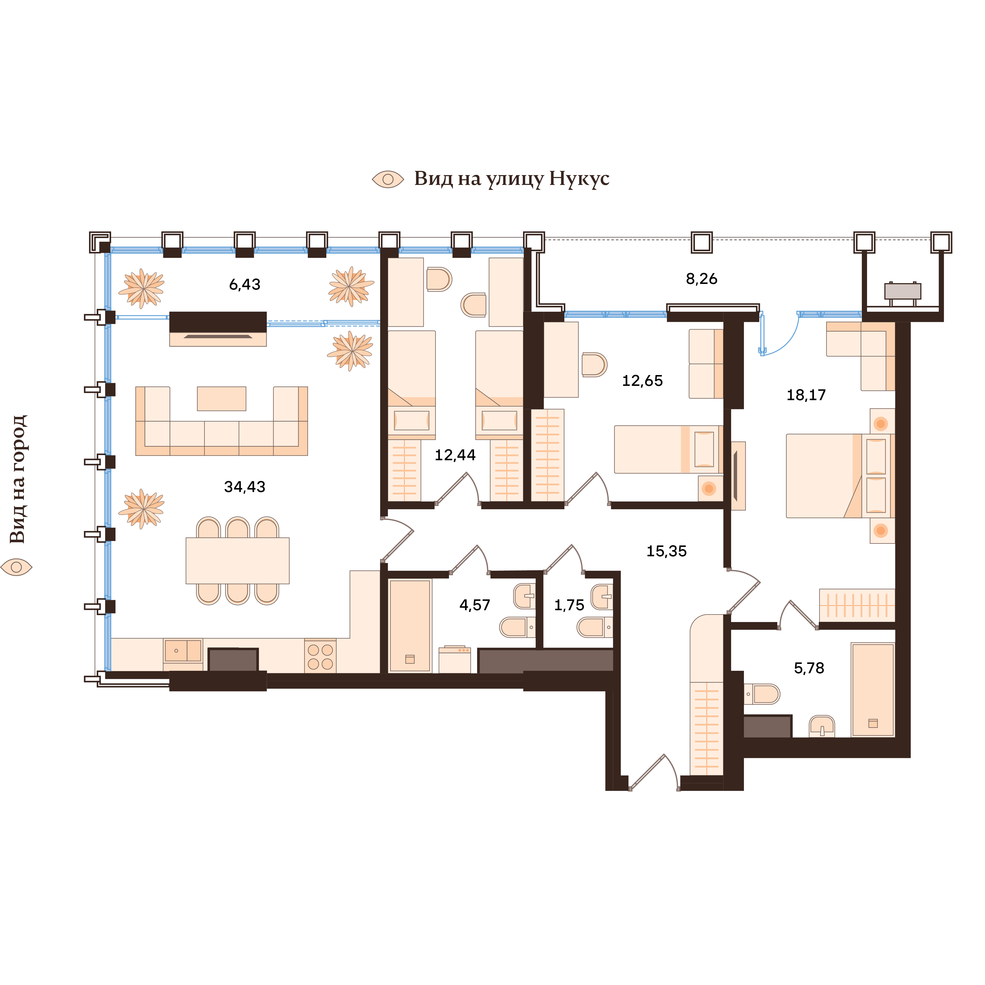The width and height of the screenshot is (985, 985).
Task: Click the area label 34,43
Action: click(x=245, y=487)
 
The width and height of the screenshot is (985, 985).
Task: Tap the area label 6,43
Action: click(x=245, y=284)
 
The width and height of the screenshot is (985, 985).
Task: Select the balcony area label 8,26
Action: click(x=702, y=279)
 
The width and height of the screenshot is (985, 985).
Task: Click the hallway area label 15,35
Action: click(x=666, y=551)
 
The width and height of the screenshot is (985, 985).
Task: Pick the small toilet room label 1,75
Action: click(x=569, y=605)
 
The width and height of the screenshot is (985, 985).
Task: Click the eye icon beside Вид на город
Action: click(x=17, y=566)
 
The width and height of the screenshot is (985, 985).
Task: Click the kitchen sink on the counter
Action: click(x=182, y=651)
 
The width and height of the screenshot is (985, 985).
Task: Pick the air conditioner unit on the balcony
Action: click(x=903, y=292)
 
